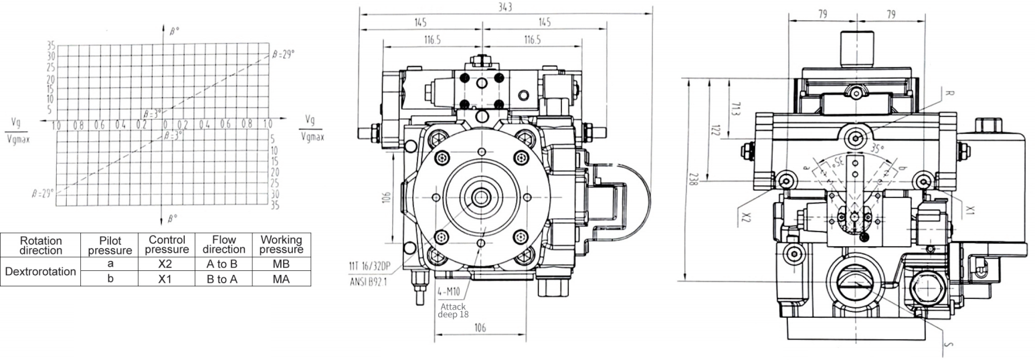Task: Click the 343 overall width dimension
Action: click(506, 7)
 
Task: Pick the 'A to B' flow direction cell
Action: click(223, 264)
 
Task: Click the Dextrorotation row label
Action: click(40, 272)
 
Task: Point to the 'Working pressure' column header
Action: click(281, 244)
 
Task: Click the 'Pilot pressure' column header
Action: click(110, 246)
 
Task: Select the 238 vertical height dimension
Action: click(692, 179)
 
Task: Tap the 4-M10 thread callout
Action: click(449, 292)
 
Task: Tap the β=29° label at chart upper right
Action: click(283, 54)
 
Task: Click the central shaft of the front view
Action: click(481, 197)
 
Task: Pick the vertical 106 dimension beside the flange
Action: click(387, 197)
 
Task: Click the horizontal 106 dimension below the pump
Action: click(480, 328)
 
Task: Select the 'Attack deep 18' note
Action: click(453, 310)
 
